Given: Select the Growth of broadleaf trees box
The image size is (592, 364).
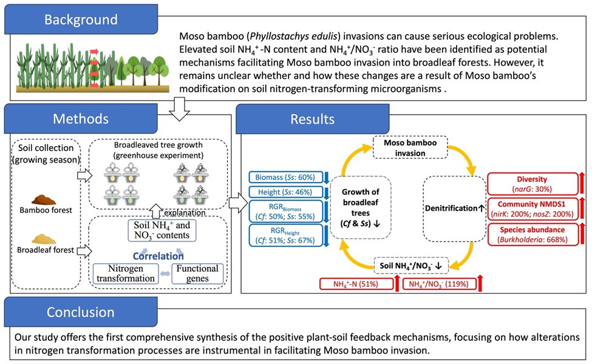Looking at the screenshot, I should pos(364,207).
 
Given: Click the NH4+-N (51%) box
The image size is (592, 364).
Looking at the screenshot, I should pos(355,283).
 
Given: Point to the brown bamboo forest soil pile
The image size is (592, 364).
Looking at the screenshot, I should pos(44,198).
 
